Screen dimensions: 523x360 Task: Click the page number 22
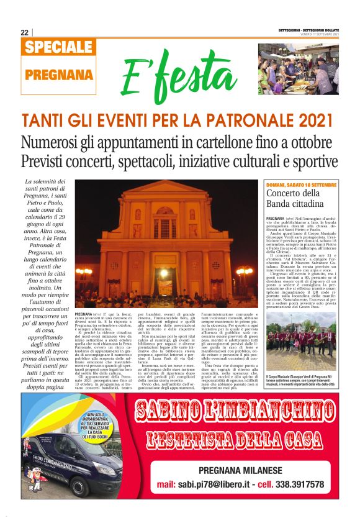click(x=24, y=32)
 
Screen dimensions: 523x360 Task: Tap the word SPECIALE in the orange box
click(x=60, y=47)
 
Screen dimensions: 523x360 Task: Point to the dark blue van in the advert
click(x=71, y=463)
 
